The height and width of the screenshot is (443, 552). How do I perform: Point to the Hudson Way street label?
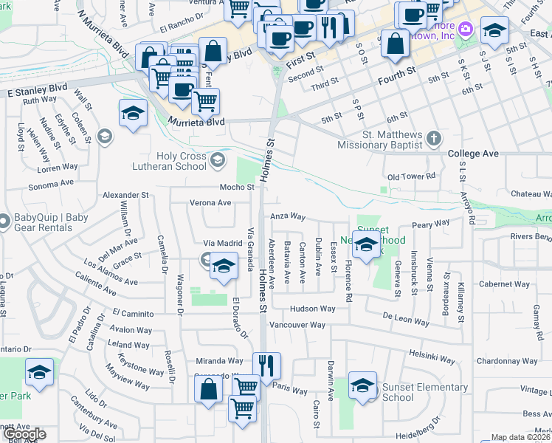(x=312, y=309)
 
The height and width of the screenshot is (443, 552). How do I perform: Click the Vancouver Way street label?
(x=297, y=325)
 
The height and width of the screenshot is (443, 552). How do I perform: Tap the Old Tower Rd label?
(x=412, y=177)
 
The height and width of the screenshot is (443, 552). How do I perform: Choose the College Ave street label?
(x=473, y=154)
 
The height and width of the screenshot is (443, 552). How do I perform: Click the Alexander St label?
(x=125, y=195)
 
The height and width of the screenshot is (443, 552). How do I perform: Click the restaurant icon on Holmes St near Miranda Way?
(x=266, y=364)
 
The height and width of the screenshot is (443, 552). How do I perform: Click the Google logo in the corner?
(x=24, y=434)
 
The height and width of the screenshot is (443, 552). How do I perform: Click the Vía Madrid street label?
(x=223, y=243)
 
